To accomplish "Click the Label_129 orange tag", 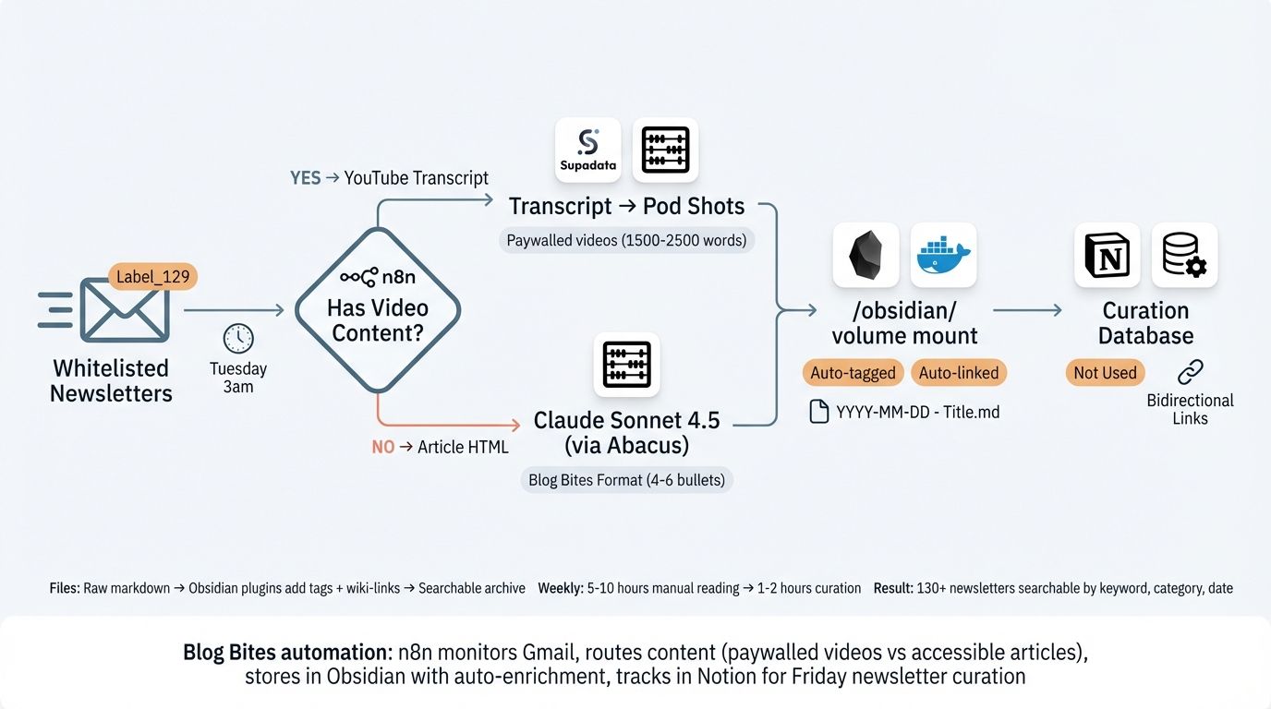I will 152,277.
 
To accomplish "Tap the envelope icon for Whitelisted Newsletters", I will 125,311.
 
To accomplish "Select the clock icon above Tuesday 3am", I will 238,338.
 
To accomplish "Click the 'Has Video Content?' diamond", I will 377,309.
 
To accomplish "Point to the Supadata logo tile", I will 587,150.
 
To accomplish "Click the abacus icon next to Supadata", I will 665,150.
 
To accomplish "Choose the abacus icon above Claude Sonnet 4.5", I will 626,365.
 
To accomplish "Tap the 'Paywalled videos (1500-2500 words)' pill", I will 626,241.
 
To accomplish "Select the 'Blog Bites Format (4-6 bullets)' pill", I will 626,480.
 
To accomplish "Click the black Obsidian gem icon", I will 865,255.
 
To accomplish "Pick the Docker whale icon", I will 943,255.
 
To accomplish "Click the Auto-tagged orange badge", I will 853,373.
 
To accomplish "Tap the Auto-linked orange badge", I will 958,373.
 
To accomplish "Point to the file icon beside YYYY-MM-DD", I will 818,412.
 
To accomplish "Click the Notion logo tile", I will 1107,255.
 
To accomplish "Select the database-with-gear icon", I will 1184,255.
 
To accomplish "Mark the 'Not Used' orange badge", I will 1105,373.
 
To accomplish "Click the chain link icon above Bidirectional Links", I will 1190,372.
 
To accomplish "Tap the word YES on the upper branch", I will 305,178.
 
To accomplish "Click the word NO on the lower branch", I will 382,447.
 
